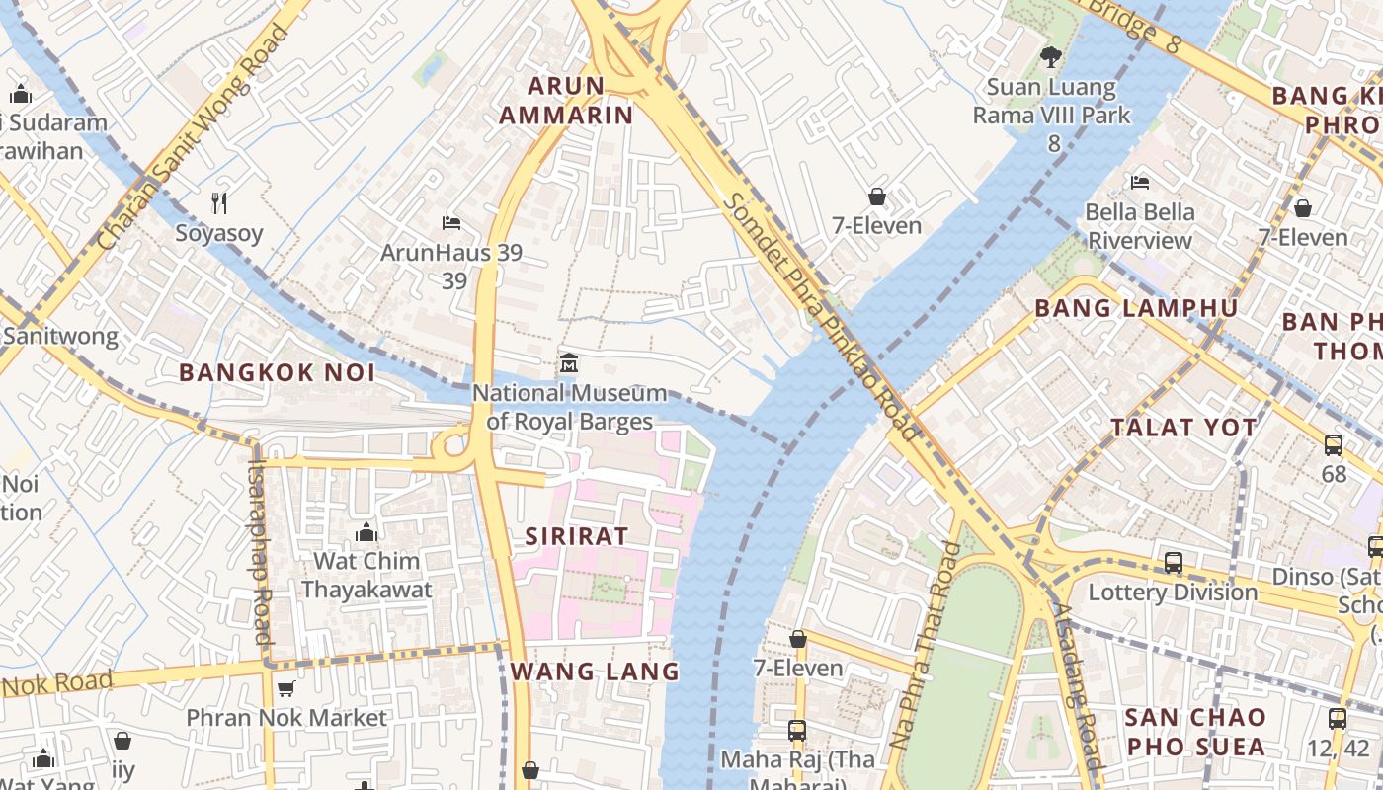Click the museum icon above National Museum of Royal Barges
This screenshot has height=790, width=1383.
click(x=568, y=362)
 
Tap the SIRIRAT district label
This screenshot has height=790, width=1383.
click(x=577, y=536)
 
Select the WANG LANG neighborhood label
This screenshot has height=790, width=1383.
click(x=595, y=671)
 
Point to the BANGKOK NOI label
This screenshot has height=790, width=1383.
click(x=278, y=372)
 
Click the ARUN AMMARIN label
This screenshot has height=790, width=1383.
click(x=566, y=101)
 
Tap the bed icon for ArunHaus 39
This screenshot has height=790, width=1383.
click(x=451, y=222)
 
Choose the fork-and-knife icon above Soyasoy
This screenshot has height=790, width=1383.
click(x=219, y=203)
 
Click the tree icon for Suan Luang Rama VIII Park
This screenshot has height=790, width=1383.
click(x=1051, y=57)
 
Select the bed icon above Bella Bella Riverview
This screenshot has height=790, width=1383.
click(x=1139, y=183)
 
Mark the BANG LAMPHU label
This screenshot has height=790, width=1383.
click(x=1136, y=308)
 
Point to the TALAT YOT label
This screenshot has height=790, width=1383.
click(x=1183, y=428)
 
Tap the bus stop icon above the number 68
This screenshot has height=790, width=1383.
click(x=1334, y=444)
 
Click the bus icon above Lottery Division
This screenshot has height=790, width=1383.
click(x=1173, y=563)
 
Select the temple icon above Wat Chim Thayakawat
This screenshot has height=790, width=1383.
click(x=366, y=532)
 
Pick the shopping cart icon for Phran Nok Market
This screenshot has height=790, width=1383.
click(x=285, y=688)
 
